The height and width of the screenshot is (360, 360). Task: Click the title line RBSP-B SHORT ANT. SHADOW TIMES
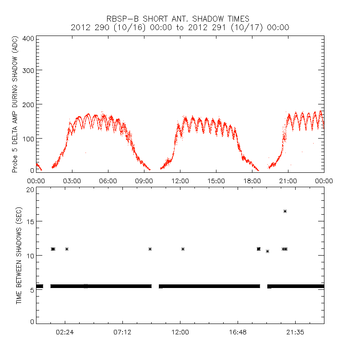180,18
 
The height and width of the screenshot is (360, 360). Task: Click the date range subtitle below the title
180,27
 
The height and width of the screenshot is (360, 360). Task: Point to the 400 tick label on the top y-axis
28,38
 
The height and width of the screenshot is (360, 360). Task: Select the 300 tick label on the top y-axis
28,70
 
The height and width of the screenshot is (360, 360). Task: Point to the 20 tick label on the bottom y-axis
30,189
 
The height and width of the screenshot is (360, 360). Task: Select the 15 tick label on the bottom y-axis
30,221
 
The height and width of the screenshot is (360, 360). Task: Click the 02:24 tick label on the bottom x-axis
65,332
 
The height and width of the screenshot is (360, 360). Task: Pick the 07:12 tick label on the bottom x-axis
122,332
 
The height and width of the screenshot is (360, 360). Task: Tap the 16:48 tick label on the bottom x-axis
238,332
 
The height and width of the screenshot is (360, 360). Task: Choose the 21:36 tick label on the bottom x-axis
295,332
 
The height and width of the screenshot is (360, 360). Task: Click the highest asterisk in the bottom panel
285,211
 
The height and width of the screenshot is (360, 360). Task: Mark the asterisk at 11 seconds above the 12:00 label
183,249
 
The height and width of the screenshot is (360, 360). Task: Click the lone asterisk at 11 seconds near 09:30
150,249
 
